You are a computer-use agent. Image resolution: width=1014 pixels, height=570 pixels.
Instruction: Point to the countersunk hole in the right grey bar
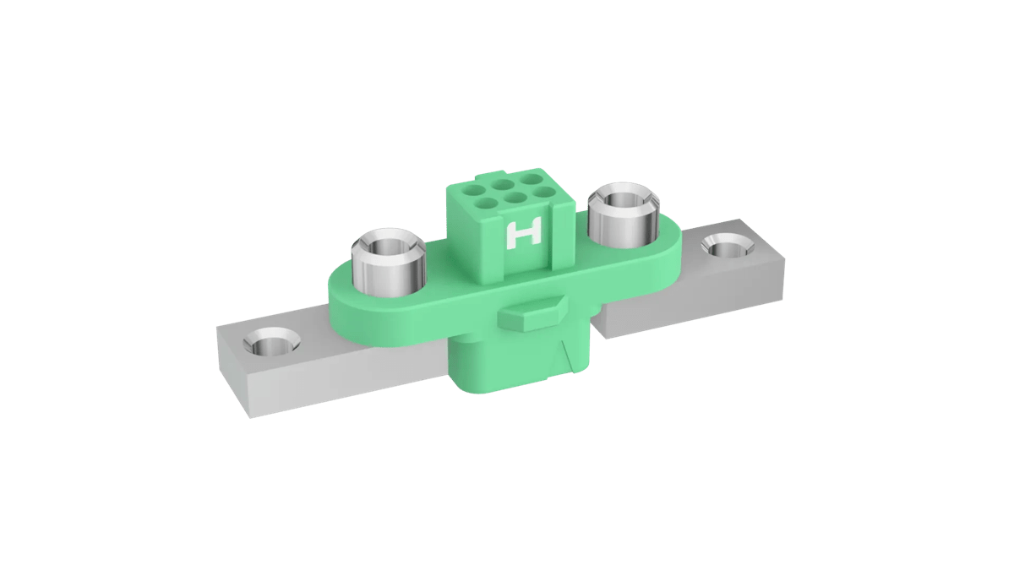tap(723, 246)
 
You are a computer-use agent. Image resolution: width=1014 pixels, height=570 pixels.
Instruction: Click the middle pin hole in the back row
tap(504, 182)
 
